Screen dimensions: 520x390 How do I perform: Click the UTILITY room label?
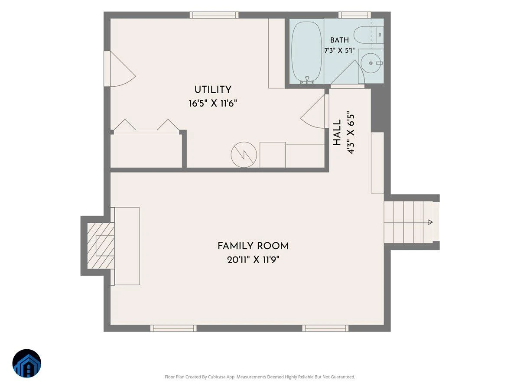click(213, 90)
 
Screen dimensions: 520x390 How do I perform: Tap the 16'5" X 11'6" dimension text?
click(213, 104)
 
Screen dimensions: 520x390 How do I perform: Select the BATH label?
click(339, 40)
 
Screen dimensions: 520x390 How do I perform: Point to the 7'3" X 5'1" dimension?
click(339, 50)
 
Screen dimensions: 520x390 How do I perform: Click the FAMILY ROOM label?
click(253, 246)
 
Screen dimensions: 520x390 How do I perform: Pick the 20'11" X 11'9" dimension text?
click(253, 260)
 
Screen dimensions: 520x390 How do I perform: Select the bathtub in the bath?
click(306, 52)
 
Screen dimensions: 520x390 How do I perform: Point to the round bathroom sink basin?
click(371, 63)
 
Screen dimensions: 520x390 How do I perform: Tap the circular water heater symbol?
click(244, 155)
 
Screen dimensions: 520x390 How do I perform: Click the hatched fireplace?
click(101, 246)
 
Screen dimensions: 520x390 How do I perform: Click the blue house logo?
click(27, 363)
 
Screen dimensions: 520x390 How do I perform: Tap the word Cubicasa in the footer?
click(216, 377)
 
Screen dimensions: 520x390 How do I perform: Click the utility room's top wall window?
click(214, 15)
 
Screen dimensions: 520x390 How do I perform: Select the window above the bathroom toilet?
click(354, 15)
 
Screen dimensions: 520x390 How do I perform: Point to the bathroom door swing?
click(348, 72)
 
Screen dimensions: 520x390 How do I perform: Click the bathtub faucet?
click(307, 80)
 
